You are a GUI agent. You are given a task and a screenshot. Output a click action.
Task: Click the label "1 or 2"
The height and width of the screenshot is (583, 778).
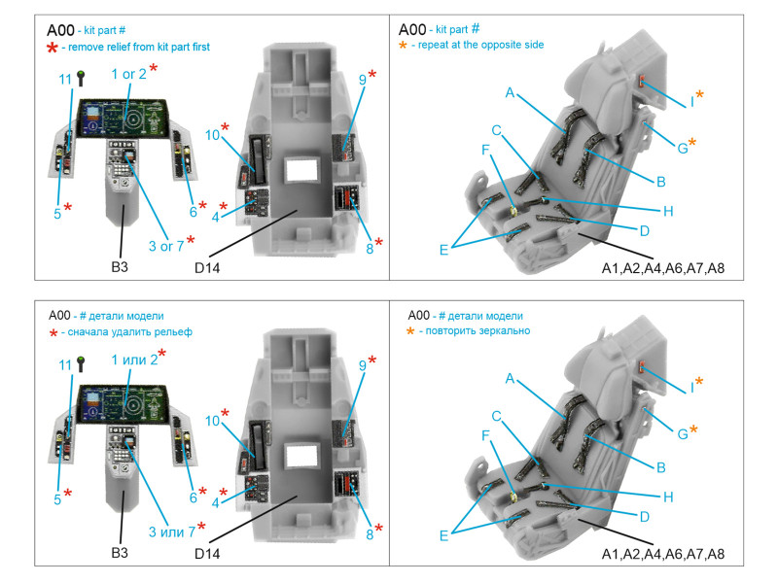(128, 74)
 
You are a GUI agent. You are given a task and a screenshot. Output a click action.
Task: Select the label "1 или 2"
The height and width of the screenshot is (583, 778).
(135, 360)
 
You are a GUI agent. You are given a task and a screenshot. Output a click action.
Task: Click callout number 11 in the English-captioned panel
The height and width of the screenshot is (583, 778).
(65, 79)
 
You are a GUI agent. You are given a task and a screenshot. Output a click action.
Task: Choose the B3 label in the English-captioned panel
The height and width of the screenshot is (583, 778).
(120, 266)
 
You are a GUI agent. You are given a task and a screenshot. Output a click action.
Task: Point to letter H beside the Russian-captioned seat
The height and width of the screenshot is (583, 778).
(668, 497)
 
